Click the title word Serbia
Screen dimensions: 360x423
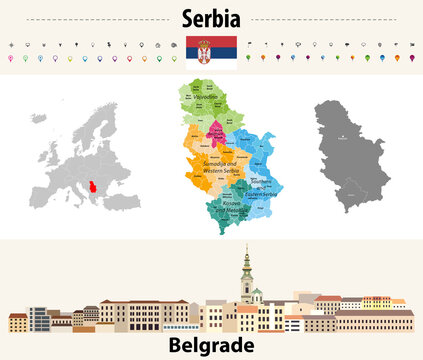211,17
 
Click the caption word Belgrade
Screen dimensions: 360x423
211,345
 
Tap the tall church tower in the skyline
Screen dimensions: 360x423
245,280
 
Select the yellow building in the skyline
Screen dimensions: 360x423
376,303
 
